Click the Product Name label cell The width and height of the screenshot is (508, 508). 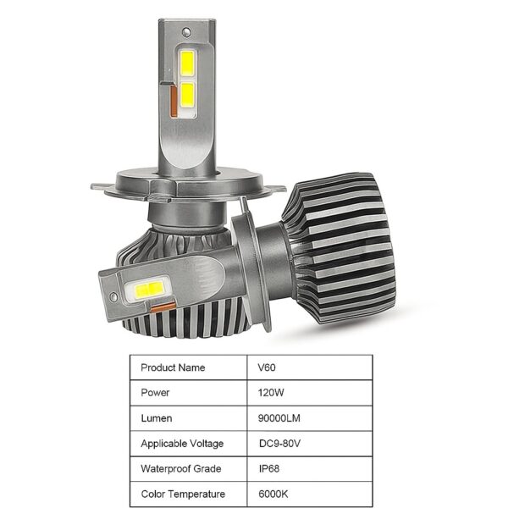pyautogui.click(x=173, y=367)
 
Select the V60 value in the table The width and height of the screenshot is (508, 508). pyautogui.click(x=267, y=367)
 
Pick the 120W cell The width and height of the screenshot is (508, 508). pyautogui.click(x=271, y=393)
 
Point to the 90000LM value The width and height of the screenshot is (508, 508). pyautogui.click(x=279, y=417)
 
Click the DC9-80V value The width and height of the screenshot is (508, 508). pyautogui.click(x=279, y=443)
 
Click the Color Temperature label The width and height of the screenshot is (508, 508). pyautogui.click(x=183, y=493)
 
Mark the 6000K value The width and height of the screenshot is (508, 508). pyautogui.click(x=272, y=493)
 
